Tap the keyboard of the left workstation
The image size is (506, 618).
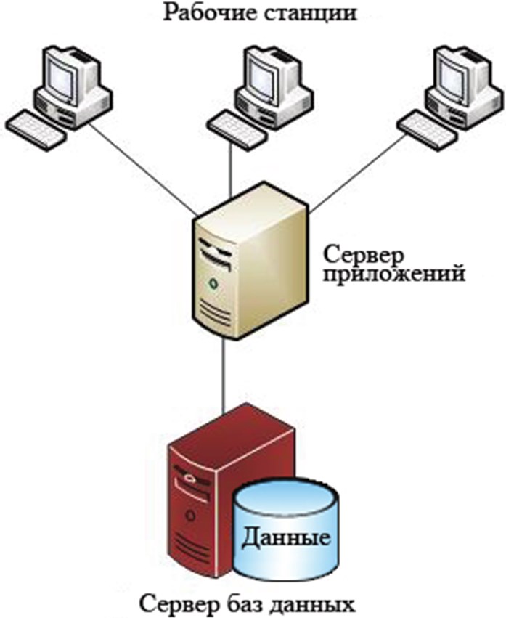tap(33, 129)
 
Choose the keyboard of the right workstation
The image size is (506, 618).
tap(424, 129)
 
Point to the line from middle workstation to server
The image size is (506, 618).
tap(229, 167)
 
